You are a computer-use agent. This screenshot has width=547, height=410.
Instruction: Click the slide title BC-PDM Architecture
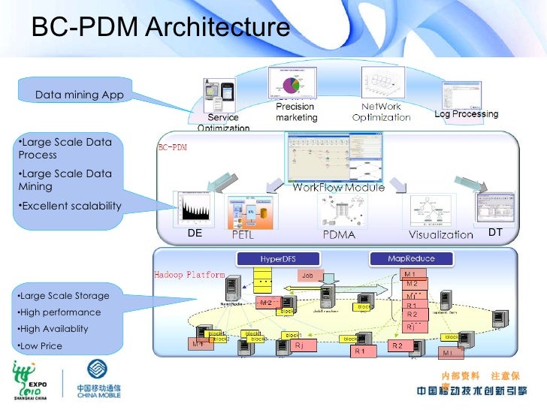[159, 27]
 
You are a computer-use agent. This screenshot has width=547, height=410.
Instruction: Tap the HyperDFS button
[277, 258]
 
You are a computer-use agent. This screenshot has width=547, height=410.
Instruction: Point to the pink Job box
[308, 276]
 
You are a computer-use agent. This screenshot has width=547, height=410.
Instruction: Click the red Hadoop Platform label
[189, 275]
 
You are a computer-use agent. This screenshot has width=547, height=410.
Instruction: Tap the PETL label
[242, 235]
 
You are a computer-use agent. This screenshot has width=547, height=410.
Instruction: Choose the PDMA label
[338, 235]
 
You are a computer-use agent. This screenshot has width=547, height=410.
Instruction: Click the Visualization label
[440, 235]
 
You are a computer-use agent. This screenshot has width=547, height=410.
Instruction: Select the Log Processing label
[466, 114]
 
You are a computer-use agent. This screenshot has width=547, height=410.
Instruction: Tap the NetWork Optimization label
[381, 112]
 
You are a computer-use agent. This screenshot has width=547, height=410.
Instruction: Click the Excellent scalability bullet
[71, 206]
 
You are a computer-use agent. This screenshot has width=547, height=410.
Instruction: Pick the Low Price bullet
[41, 346]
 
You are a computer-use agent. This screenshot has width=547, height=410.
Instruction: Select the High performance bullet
[60, 312]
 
